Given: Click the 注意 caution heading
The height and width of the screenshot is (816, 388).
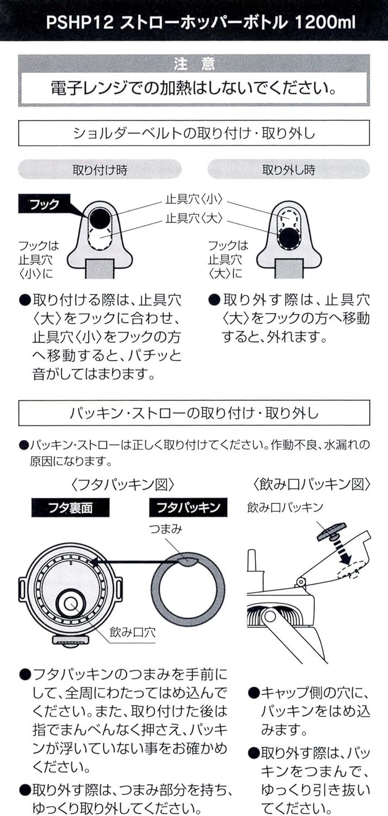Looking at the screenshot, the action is (x=194, y=64).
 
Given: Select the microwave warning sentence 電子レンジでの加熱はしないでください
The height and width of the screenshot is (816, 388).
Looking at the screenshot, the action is (x=194, y=88).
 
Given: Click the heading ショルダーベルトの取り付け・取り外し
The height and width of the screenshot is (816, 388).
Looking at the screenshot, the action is (x=194, y=133).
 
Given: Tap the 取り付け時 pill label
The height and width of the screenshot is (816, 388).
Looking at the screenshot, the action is (x=100, y=170).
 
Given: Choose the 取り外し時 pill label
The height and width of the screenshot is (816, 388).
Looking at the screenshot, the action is (x=289, y=170).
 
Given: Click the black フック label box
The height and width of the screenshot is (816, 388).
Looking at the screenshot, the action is (x=46, y=205).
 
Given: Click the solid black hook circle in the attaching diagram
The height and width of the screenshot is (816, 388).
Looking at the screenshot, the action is (x=101, y=219).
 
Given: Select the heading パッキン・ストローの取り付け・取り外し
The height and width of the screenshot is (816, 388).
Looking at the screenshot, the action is (x=194, y=413).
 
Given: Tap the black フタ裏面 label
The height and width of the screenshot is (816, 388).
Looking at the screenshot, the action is (x=70, y=508).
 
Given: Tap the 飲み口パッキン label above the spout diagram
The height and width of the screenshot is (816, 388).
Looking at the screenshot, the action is (x=285, y=507).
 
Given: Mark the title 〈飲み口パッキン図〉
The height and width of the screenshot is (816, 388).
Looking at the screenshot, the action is (x=311, y=483).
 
